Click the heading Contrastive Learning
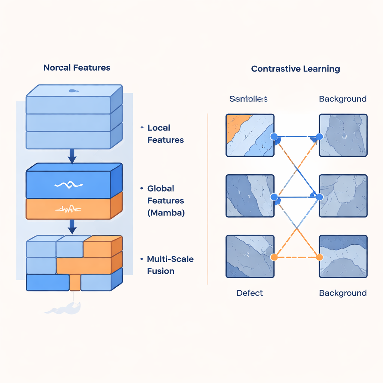point(295,69)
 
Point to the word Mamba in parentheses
point(166,213)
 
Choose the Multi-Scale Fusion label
point(170,265)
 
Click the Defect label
point(249,293)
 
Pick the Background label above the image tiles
point(343,99)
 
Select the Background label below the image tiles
point(343,293)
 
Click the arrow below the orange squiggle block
point(72,227)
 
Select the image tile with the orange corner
point(250,135)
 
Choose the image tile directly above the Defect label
point(250,256)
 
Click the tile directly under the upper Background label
point(343,135)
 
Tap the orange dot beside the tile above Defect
point(274,257)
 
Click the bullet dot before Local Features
point(142,128)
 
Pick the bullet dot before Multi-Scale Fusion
point(142,259)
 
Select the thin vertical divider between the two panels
point(208,198)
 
